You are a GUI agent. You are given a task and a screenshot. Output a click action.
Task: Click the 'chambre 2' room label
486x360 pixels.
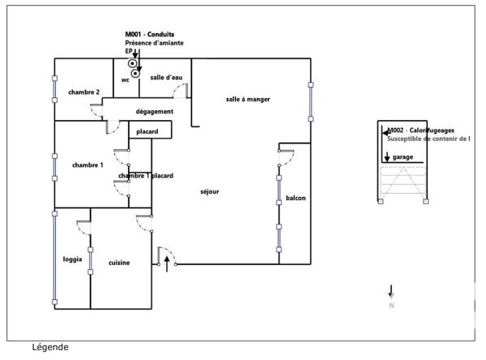[84, 92]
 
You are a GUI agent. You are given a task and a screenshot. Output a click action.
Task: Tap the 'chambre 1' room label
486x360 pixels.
[87, 165]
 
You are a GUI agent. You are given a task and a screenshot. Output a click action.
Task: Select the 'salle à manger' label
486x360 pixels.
[248, 99]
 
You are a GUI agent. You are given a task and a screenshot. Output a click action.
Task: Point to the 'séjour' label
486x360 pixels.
[210, 191]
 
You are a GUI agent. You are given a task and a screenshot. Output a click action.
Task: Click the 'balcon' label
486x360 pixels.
[295, 198]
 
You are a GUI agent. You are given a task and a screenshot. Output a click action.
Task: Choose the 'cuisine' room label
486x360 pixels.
[121, 263]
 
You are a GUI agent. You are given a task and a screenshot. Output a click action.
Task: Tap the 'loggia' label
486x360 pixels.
[72, 259]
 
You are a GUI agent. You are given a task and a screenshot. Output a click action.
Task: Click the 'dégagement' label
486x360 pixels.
[155, 111]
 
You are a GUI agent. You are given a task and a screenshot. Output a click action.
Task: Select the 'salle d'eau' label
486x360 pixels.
[166, 77]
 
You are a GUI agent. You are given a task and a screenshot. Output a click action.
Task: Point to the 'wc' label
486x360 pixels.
[126, 80]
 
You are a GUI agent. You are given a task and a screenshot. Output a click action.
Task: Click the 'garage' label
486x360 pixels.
[403, 156]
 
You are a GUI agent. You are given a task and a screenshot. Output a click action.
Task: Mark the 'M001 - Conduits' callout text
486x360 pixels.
[151, 34]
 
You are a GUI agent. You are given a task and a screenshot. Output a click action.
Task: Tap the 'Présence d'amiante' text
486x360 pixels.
[154, 43]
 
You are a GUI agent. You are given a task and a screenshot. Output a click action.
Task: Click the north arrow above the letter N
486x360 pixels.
[391, 291]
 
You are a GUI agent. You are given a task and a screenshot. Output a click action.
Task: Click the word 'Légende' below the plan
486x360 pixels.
[51, 347]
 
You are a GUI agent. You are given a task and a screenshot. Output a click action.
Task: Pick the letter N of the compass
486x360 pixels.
[391, 306]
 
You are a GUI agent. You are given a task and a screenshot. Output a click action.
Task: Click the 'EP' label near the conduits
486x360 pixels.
[129, 51]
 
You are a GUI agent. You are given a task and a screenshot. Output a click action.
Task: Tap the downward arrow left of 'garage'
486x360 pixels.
[386, 155]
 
